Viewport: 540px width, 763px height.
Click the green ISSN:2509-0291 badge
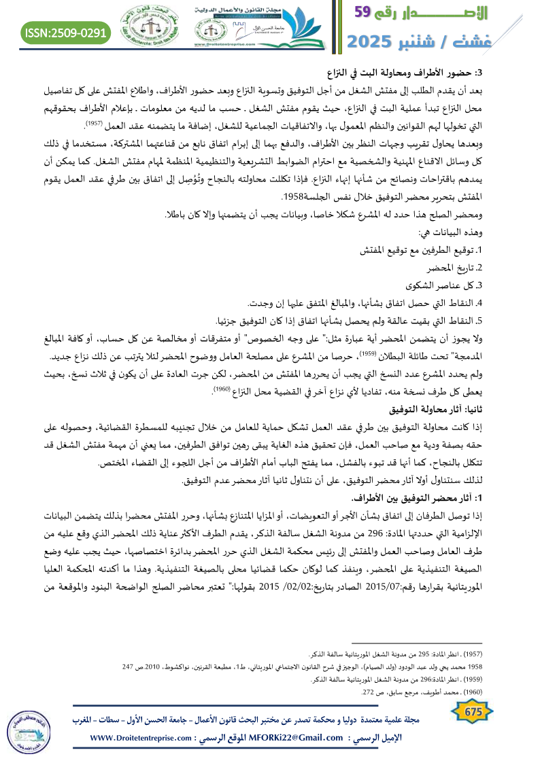tap(66, 32)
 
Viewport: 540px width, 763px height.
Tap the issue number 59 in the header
tap(373, 12)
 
